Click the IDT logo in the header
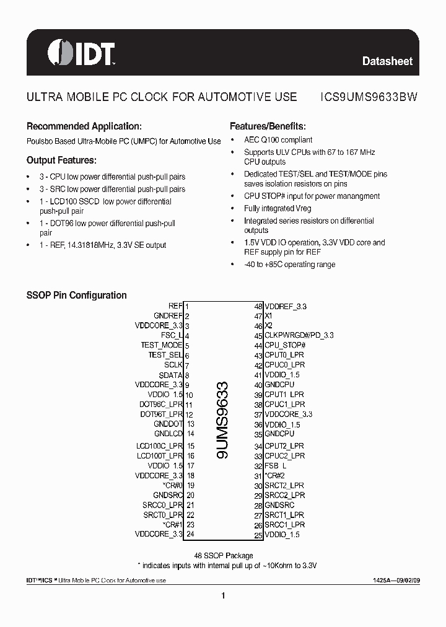click(x=81, y=53)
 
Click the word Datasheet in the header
click(x=387, y=61)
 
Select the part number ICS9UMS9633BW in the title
click(x=369, y=97)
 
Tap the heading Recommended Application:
click(x=84, y=126)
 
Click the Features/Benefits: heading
click(x=268, y=126)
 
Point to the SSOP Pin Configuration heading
click(x=76, y=296)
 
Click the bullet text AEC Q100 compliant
click(x=278, y=140)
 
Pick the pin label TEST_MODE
click(x=162, y=345)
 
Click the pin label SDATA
click(x=170, y=375)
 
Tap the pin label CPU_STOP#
click(x=286, y=345)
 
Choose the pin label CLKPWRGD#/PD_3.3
click(x=299, y=335)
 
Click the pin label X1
click(x=269, y=316)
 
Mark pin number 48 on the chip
click(x=258, y=306)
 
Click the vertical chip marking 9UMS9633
click(x=223, y=420)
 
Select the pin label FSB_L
click(x=276, y=465)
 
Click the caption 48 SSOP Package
click(x=224, y=556)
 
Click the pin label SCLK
click(x=173, y=365)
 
